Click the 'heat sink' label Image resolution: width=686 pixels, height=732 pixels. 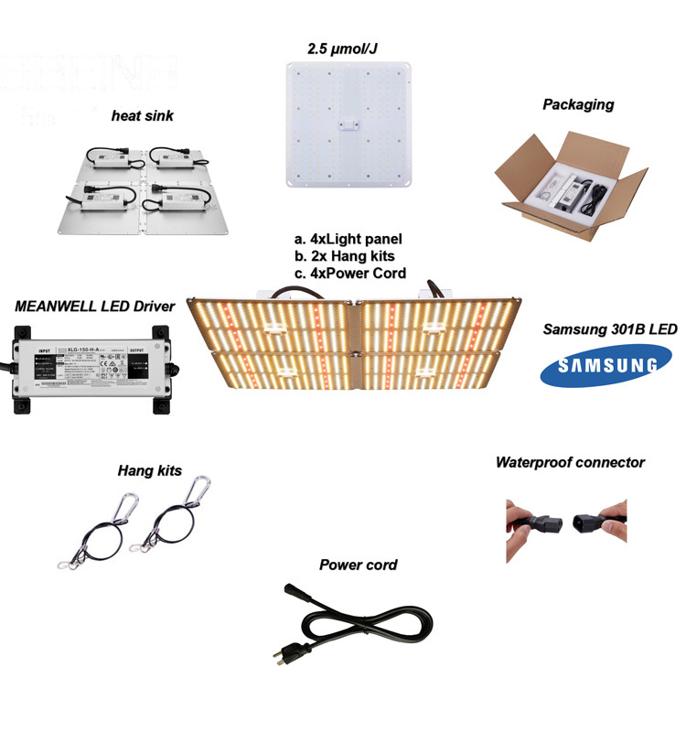142,115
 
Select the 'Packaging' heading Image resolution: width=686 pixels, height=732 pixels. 577,104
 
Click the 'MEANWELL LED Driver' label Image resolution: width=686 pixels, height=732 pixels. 94,307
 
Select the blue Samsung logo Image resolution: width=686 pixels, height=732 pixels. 599,367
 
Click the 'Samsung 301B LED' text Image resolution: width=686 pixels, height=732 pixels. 609,328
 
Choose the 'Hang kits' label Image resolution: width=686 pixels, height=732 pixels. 149,470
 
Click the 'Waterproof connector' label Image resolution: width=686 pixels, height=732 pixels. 570,462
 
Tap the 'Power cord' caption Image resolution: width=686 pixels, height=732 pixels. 358,565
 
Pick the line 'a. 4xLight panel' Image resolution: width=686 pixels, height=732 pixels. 343,240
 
